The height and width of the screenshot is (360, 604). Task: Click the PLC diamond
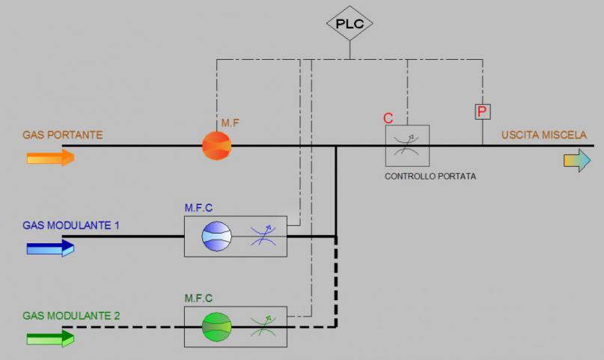pyautogui.click(x=350, y=23)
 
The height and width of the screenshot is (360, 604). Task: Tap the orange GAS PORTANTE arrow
pyautogui.click(x=50, y=157)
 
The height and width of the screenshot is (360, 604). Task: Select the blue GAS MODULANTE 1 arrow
pyautogui.click(x=50, y=247)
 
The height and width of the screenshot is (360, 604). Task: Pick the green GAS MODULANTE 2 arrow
pyautogui.click(x=50, y=338)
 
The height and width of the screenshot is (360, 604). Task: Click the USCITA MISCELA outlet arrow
pyautogui.click(x=577, y=161)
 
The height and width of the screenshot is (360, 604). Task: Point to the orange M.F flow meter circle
pyautogui.click(x=217, y=145)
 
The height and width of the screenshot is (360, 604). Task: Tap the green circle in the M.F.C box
pyautogui.click(x=217, y=326)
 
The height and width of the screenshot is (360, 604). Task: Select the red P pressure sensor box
pyautogui.click(x=483, y=112)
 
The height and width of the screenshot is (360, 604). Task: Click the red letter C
pyautogui.click(x=388, y=118)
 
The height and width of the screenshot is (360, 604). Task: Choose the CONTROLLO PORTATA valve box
pyautogui.click(x=407, y=145)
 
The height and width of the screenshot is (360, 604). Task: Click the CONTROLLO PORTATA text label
pyautogui.click(x=430, y=177)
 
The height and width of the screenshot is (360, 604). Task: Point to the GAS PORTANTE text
pyautogui.click(x=63, y=135)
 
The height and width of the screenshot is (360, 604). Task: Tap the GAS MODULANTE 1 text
pyautogui.click(x=71, y=225)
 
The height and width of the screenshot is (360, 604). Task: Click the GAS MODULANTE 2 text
pyautogui.click(x=71, y=315)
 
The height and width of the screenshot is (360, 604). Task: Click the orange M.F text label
pyautogui.click(x=229, y=122)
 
